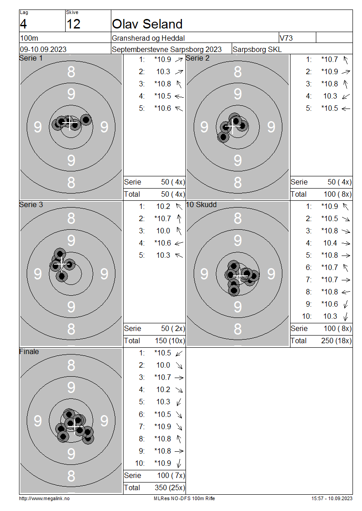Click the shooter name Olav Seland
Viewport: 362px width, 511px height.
coord(147,24)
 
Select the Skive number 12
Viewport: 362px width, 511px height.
coord(73,24)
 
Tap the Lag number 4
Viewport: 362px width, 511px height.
coord(23,24)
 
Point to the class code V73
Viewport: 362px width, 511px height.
coord(286,38)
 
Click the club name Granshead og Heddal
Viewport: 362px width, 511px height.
coord(148,38)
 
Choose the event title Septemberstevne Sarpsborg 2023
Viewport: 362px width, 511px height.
coord(167,50)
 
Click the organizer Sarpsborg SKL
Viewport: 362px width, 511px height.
coord(257,50)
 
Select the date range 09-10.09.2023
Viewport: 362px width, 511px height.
coord(43,50)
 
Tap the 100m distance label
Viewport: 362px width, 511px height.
coord(29,38)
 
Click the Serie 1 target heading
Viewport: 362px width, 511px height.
coord(31,58)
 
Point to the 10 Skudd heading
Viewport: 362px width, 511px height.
coord(201,205)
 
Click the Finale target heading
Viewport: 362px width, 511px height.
coord(29,352)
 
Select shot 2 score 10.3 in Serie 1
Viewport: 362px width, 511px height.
coord(163,72)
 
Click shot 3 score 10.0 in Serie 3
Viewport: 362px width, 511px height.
coord(163,231)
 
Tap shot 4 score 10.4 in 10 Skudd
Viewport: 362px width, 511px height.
coord(330,243)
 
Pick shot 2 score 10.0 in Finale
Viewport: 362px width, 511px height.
coord(163,365)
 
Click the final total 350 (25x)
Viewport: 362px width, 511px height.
coord(170,488)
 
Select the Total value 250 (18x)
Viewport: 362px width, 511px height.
coord(336,341)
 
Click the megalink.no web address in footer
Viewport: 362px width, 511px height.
coord(44,498)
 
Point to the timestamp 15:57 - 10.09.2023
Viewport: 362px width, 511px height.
coord(332,498)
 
